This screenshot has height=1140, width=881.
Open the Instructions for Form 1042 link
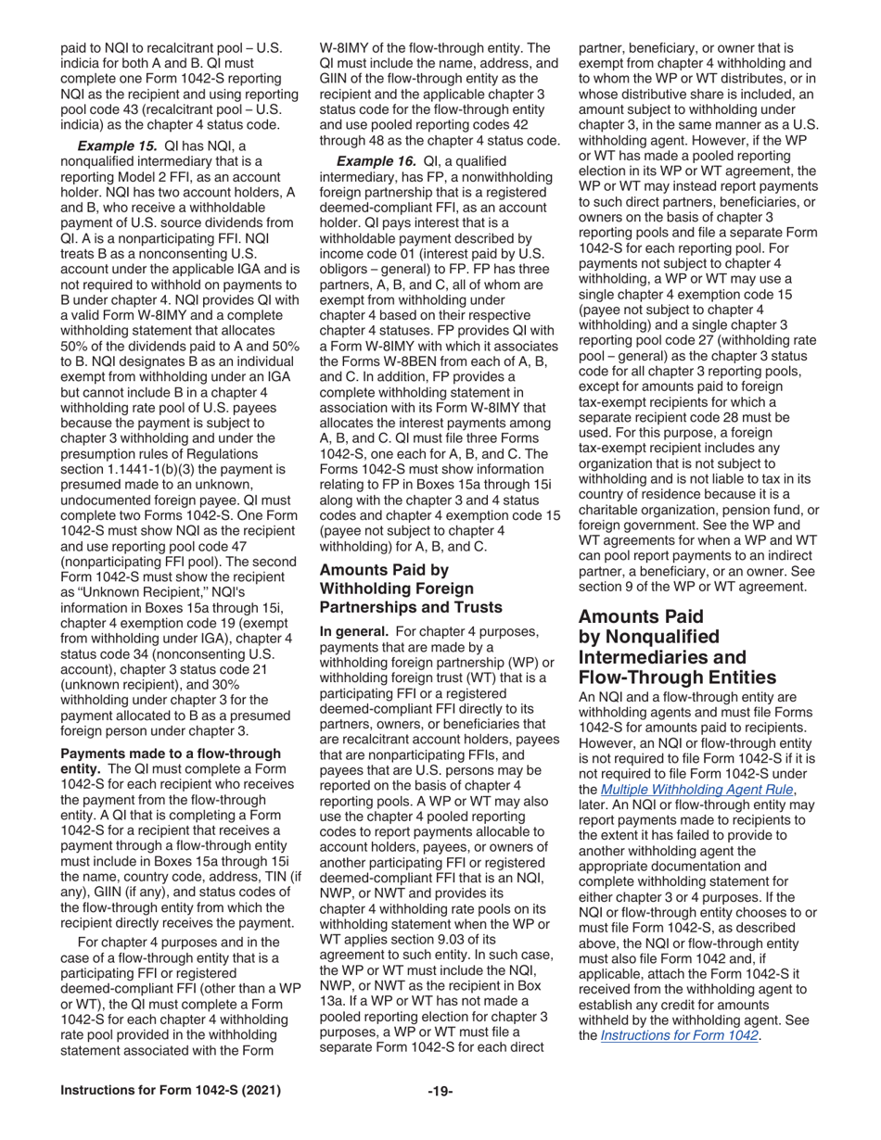coord(680,1036)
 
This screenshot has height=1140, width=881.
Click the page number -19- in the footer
coord(440,1091)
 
